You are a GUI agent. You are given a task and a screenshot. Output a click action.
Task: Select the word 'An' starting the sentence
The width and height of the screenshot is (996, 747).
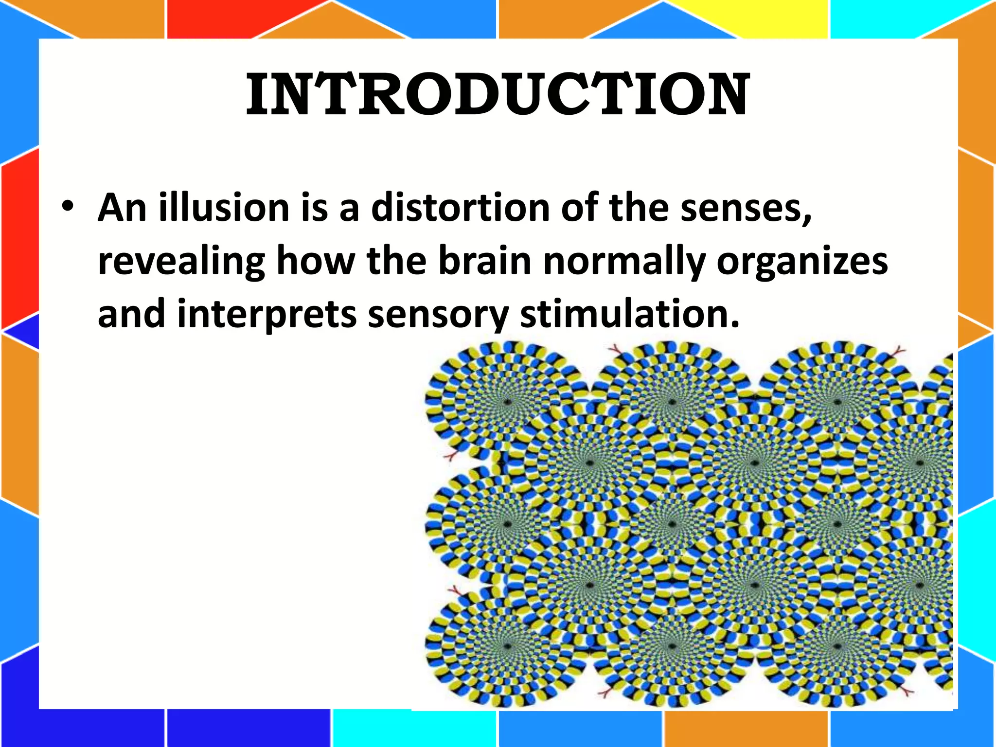tap(122, 208)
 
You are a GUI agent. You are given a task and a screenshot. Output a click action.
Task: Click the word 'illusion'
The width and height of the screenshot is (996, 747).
tap(224, 208)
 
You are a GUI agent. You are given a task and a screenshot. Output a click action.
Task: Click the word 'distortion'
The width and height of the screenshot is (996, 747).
tap(460, 208)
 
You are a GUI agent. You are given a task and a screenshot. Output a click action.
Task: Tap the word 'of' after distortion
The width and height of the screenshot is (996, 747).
tap(579, 208)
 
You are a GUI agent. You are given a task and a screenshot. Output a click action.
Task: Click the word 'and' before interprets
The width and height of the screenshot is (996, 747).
tap(131, 314)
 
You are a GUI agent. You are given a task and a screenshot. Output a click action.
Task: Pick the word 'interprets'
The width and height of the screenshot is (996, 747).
tap(267, 315)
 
